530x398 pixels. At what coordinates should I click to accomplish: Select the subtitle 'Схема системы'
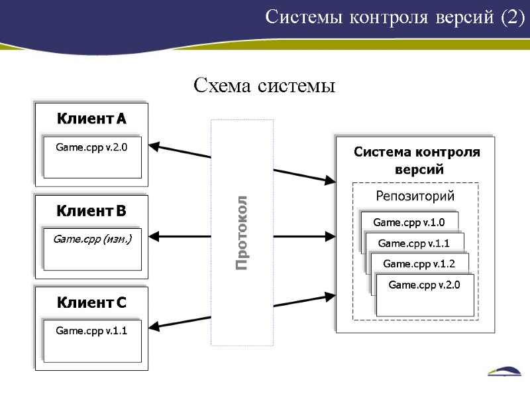264,86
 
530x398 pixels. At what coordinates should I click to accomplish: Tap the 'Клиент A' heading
91,119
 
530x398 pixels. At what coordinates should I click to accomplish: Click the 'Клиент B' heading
91,211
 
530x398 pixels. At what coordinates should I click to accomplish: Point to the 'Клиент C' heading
91,303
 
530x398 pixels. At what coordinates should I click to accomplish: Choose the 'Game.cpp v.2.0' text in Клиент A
91,147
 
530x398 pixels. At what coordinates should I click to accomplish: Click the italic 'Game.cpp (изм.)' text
92,239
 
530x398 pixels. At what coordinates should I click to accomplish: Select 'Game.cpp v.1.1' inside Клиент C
91,330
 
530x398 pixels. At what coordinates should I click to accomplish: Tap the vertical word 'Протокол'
242,232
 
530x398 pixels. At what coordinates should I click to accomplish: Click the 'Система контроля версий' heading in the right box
416,161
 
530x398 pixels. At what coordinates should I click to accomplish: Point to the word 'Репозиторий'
415,196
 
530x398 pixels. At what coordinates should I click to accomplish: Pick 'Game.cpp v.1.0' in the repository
409,222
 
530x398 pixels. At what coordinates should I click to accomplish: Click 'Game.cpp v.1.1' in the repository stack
413,243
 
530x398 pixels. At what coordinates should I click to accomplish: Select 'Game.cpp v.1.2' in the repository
419,264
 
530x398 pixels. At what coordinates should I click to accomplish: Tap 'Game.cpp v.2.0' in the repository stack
424,285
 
